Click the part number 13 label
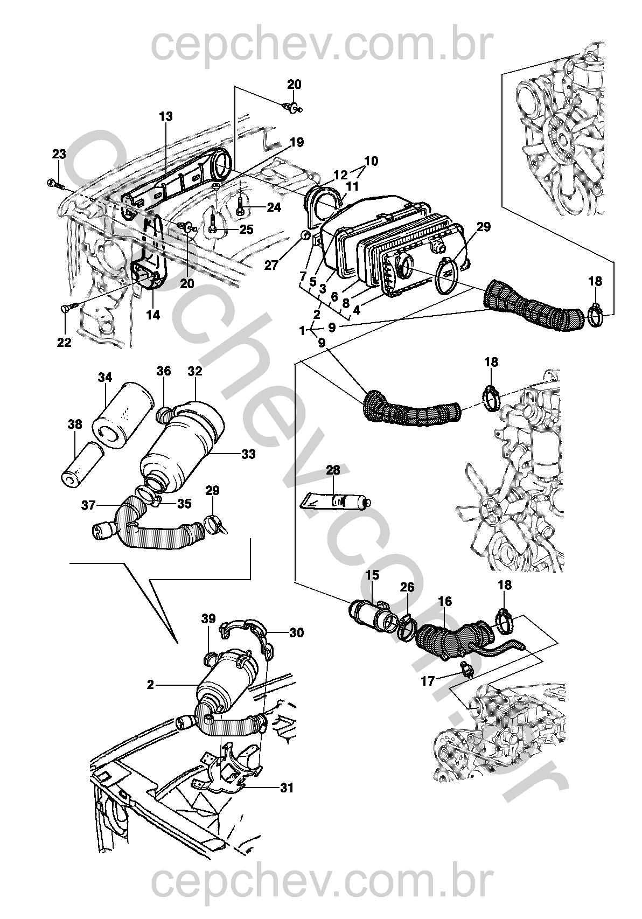point(165,116)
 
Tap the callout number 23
point(59,155)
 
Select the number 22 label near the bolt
point(64,343)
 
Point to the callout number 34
point(105,378)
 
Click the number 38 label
point(75,424)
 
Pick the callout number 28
point(333,470)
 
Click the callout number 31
point(287,788)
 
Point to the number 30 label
point(296,632)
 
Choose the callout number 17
point(427,681)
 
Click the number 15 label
point(372,575)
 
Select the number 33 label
point(248,455)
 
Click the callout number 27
point(271,264)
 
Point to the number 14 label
point(153,315)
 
